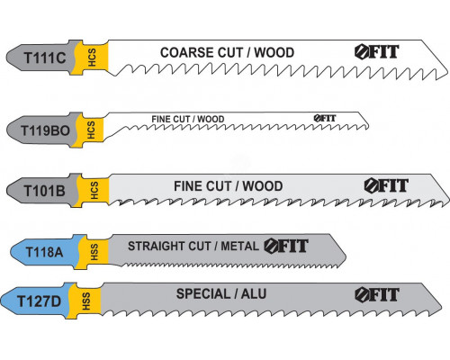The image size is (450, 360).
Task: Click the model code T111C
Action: click(45, 58)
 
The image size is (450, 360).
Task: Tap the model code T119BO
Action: click(45, 130)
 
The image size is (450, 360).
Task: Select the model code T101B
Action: click(44, 191)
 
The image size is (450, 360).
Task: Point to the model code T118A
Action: click(44, 252)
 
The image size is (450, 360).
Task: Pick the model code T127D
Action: click(40, 301)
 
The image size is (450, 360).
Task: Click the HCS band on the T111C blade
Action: click(92, 57)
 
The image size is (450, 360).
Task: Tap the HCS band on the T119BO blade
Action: click(91, 130)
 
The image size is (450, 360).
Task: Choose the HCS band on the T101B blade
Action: click(94, 190)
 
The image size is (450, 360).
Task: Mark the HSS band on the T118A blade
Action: click(94, 252)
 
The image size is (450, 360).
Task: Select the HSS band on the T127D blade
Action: click(85, 301)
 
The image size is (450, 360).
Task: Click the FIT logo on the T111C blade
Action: click(377, 52)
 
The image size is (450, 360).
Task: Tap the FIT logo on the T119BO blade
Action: click(325, 118)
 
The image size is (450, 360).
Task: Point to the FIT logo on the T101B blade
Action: click(386, 185)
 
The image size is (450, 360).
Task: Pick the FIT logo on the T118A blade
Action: click(286, 246)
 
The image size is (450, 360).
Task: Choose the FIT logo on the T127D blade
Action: click(377, 294)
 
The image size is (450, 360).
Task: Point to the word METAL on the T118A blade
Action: click(239, 246)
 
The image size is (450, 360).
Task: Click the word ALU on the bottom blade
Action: click(254, 294)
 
